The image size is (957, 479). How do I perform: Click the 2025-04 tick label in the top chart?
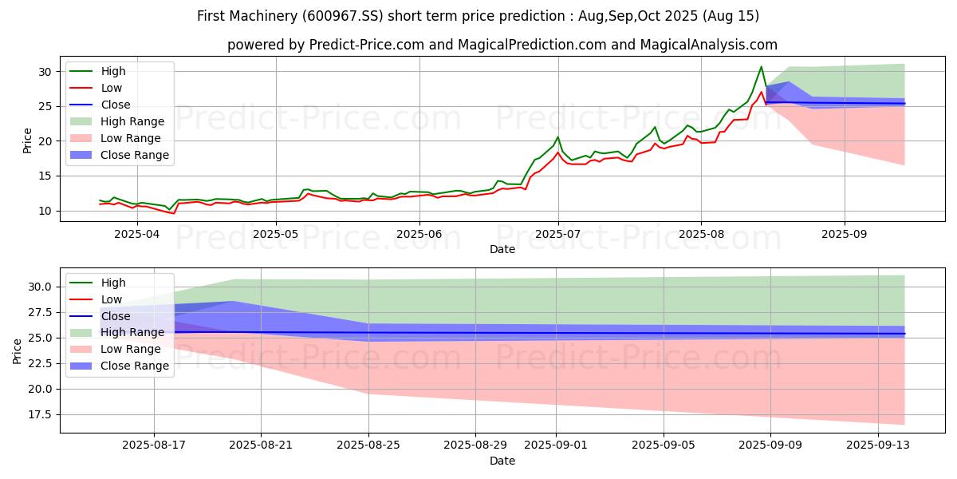[x=136, y=234]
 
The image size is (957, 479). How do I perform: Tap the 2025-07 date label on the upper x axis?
[x=557, y=234]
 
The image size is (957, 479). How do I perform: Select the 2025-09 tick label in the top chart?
[x=845, y=234]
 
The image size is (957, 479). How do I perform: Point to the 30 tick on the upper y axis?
[x=45, y=72]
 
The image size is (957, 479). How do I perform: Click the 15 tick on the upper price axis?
[x=45, y=176]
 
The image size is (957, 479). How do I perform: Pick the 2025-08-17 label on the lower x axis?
[x=154, y=445]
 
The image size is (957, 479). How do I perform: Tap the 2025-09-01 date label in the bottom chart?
[x=556, y=445]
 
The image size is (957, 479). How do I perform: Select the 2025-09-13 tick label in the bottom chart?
[x=878, y=445]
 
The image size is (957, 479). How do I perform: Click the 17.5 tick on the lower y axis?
[x=40, y=415]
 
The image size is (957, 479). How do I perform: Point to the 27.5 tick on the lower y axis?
[x=40, y=313]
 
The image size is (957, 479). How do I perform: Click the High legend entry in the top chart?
[x=97, y=71]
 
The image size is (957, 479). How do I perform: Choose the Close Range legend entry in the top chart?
[x=119, y=155]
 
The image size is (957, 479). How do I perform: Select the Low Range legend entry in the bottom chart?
[x=115, y=349]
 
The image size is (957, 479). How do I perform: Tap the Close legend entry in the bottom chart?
[x=100, y=316]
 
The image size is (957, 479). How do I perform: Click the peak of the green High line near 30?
[x=761, y=67]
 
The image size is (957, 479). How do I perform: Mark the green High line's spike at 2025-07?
[x=557, y=137]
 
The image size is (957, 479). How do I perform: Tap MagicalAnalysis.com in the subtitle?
[x=708, y=45]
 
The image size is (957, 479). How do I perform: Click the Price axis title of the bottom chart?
[x=17, y=351]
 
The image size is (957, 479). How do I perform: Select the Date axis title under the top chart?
[x=502, y=249]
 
